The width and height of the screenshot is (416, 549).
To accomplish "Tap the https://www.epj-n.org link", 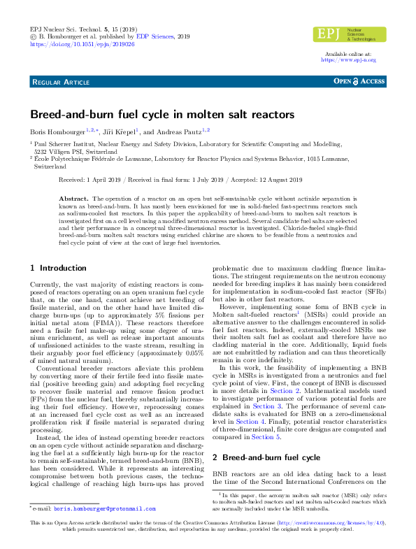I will point(348,60).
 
